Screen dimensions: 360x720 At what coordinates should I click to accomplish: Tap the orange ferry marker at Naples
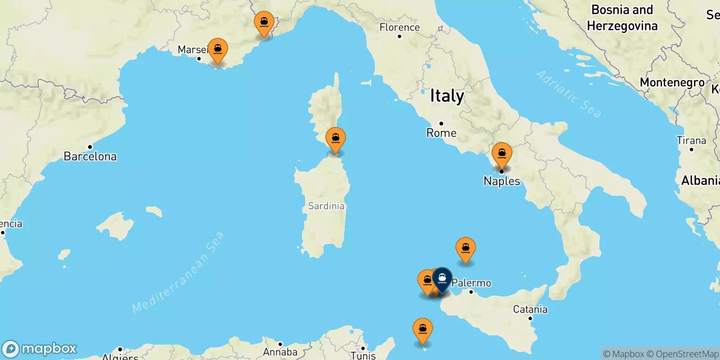[502, 154]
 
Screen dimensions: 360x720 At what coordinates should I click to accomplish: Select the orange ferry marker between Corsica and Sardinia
[335, 139]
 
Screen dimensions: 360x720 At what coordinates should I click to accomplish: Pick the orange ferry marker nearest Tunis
[423, 330]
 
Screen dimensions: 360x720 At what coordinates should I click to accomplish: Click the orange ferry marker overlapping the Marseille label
[218, 50]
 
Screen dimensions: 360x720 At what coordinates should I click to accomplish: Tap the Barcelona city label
[90, 156]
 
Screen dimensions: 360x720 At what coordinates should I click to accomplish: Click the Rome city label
[441, 133]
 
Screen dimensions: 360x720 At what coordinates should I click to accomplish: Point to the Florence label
[400, 27]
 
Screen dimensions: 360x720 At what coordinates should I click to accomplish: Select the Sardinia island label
[326, 206]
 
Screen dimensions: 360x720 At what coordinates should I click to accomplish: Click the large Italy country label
[447, 96]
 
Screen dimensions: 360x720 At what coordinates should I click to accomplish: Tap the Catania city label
[530, 309]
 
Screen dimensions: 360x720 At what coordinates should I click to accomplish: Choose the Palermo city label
[471, 283]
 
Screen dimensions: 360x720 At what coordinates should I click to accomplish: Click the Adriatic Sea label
[568, 94]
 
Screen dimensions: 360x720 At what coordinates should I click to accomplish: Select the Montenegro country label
[672, 82]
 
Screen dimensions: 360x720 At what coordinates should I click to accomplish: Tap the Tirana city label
[691, 141]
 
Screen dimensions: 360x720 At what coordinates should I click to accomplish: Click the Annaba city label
[280, 352]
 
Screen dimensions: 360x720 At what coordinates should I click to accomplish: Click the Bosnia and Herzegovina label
[622, 18]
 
